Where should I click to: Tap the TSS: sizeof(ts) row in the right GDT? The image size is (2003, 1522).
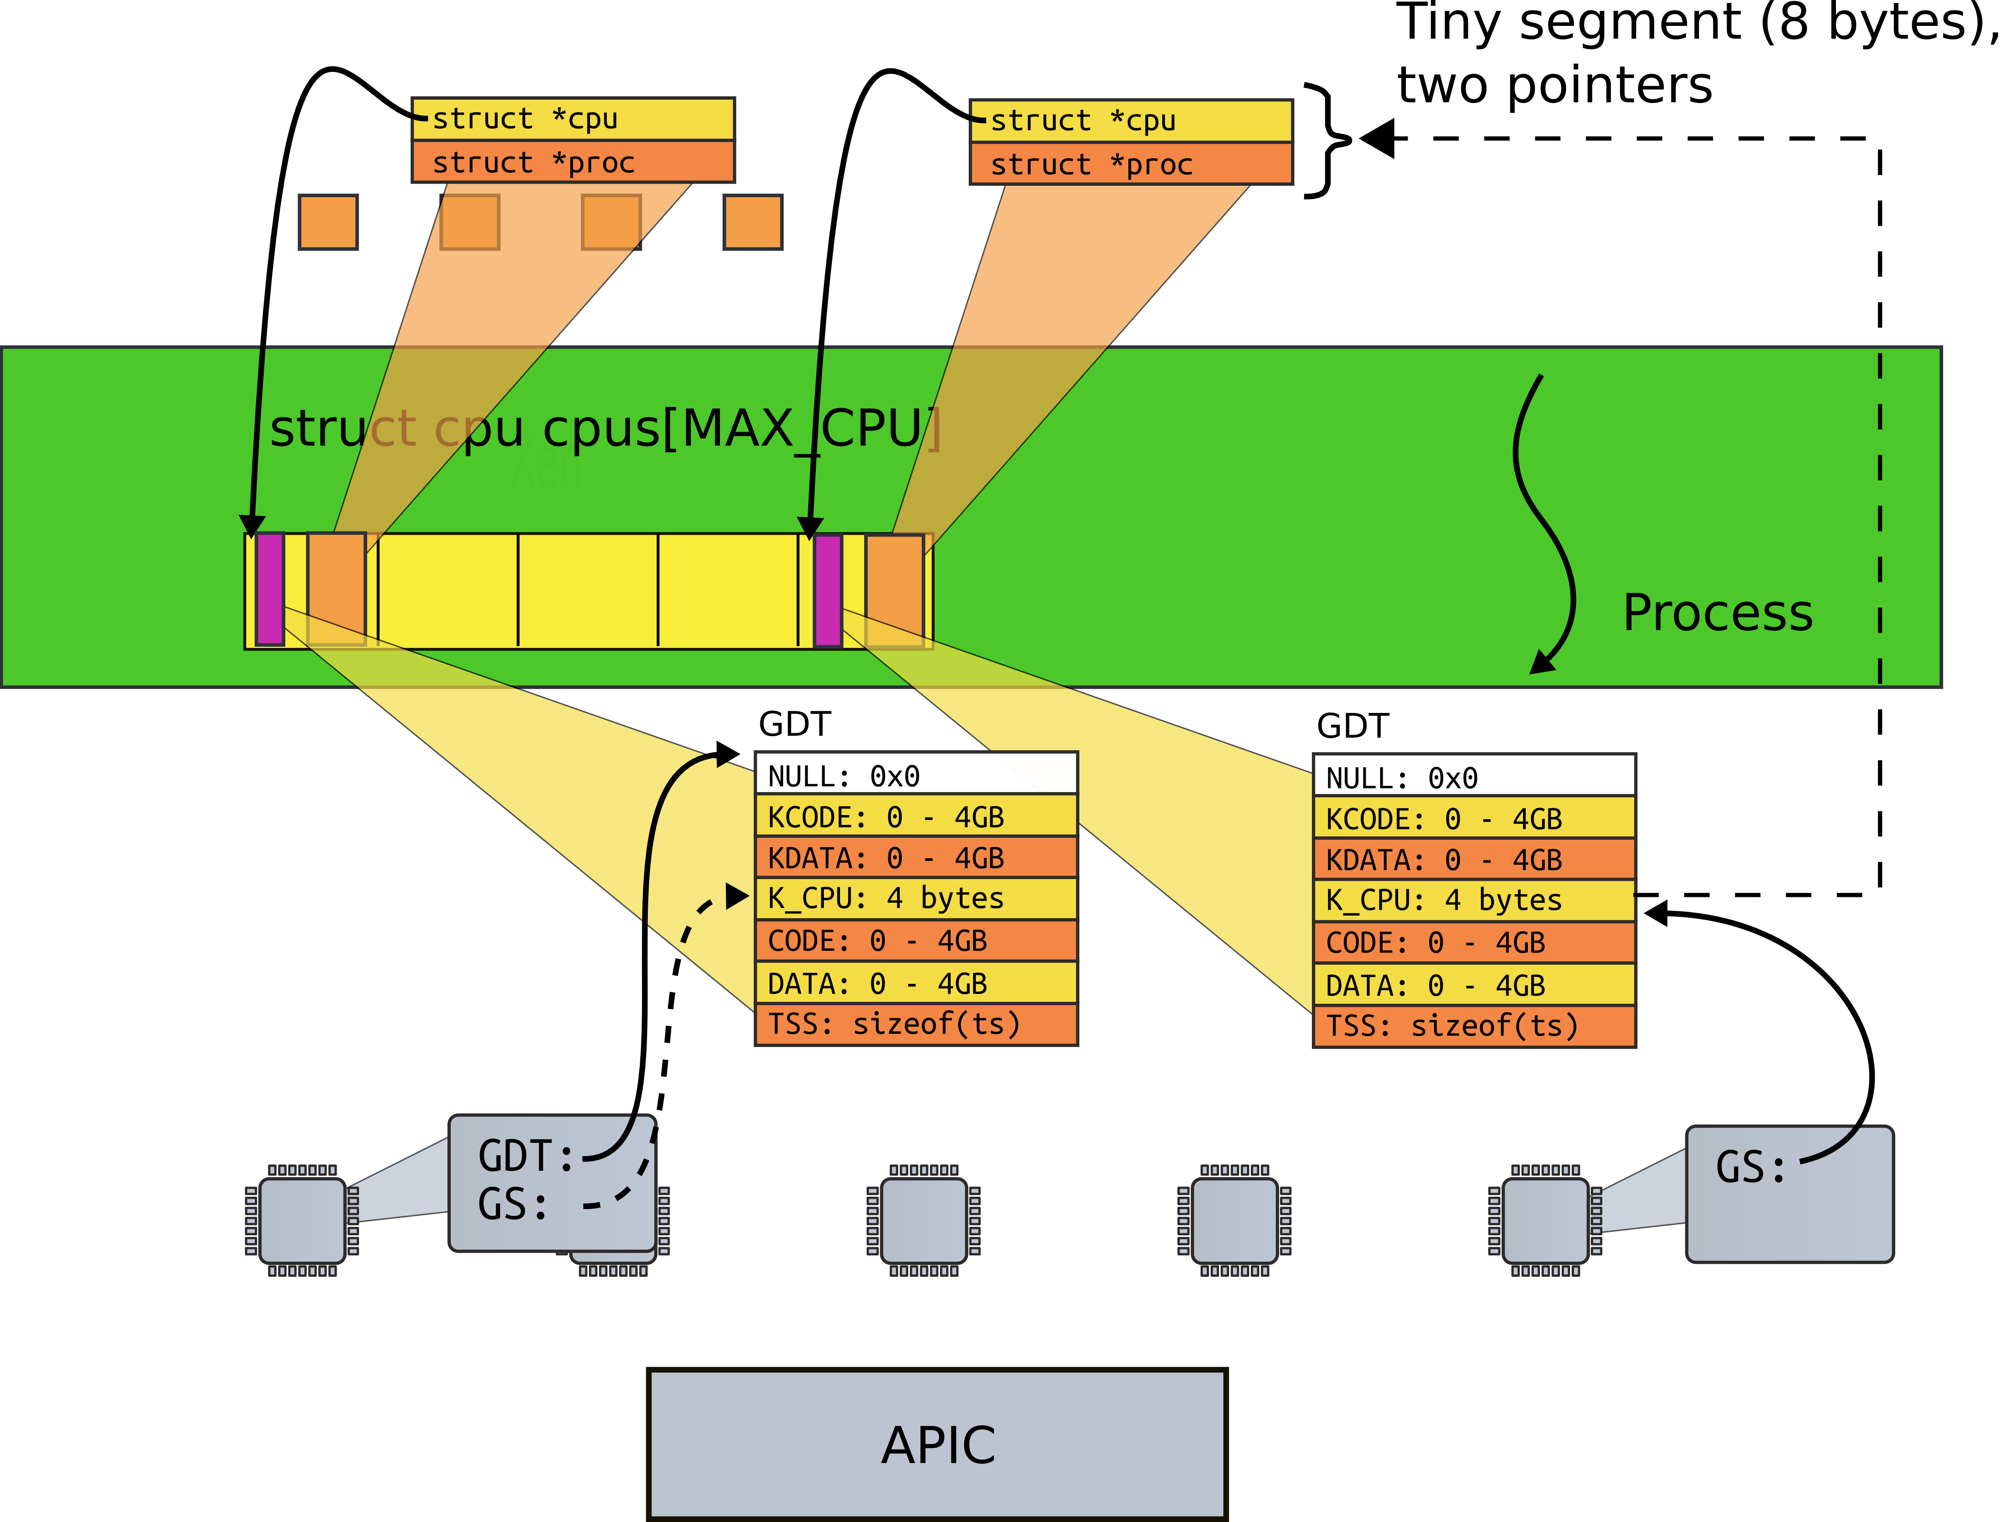click(x=1474, y=1026)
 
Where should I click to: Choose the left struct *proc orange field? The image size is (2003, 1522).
click(x=572, y=162)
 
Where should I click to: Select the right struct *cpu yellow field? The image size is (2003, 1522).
click(x=1130, y=120)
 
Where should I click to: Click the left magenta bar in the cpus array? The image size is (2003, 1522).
click(x=270, y=589)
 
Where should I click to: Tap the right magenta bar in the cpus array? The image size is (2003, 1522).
click(x=828, y=591)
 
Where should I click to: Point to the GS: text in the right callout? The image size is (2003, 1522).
click(x=1750, y=1167)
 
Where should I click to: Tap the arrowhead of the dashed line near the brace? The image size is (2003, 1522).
click(x=1377, y=140)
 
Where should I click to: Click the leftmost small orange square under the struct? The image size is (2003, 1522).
click(x=328, y=222)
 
